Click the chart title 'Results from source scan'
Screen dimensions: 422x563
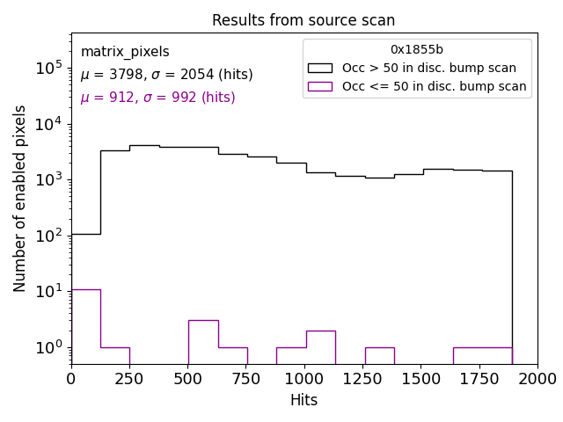pyautogui.click(x=303, y=20)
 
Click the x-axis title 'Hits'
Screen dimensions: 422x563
pyautogui.click(x=303, y=400)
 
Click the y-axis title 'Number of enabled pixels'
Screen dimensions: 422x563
pyautogui.click(x=20, y=198)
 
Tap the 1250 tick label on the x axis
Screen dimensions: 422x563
pyautogui.click(x=362, y=378)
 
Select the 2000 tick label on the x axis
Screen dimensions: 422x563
pyautogui.click(x=537, y=378)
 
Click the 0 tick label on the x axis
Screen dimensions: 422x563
pyautogui.click(x=71, y=378)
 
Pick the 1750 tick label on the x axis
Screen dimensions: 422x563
pyautogui.click(x=479, y=378)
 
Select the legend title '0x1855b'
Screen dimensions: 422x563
pyautogui.click(x=417, y=50)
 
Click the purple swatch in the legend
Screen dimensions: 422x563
pyautogui.click(x=319, y=86)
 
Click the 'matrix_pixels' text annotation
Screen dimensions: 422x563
pyautogui.click(x=125, y=52)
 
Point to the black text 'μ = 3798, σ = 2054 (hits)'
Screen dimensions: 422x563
pyautogui.click(x=166, y=75)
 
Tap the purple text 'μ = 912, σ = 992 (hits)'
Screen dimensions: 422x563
pyautogui.click(x=157, y=98)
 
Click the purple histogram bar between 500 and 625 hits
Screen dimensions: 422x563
pyautogui.click(x=203, y=343)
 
